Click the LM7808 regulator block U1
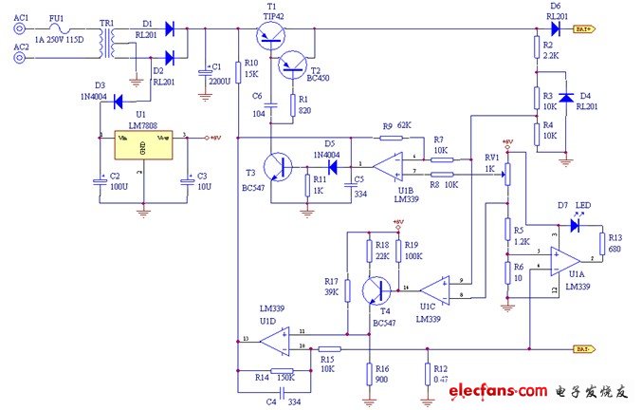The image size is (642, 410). [x=142, y=149]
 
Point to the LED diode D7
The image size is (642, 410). [x=576, y=226]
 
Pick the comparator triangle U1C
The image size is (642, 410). [x=435, y=288]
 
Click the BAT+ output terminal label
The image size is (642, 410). [x=583, y=29]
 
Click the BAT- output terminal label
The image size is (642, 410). [x=583, y=349]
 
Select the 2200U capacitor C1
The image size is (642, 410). [x=205, y=73]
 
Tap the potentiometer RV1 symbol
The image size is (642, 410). [x=505, y=174]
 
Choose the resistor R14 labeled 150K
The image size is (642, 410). [x=282, y=372]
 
